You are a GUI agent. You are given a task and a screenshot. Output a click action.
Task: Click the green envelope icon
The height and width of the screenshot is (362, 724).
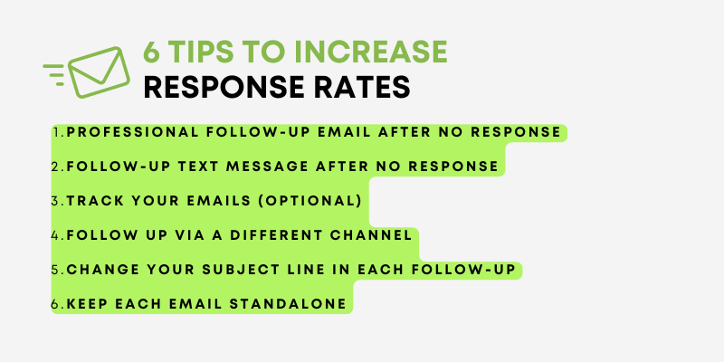click(x=99, y=72)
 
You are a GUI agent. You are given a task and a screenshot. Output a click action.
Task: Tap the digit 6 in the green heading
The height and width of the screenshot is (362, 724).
click(x=151, y=52)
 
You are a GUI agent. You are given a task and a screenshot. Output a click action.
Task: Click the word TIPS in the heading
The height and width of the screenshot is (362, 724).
click(x=201, y=52)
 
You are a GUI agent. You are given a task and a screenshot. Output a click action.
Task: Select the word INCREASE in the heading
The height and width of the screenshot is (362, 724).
click(x=369, y=52)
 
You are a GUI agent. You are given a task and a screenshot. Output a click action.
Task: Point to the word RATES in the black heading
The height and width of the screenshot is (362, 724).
click(x=362, y=87)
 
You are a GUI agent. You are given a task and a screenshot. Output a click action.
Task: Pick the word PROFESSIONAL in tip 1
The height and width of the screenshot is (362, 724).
click(x=132, y=132)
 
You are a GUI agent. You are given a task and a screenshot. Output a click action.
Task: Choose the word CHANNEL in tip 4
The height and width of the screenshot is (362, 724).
click(x=370, y=235)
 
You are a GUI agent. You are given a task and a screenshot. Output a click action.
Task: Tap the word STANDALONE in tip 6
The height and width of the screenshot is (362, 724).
click(x=288, y=304)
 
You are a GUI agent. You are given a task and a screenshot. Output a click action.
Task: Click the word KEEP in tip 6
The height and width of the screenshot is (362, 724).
click(x=87, y=304)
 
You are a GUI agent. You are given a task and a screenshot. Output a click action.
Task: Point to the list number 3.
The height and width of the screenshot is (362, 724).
click(x=58, y=201)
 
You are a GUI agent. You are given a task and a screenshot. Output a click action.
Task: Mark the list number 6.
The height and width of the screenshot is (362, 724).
click(x=58, y=304)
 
